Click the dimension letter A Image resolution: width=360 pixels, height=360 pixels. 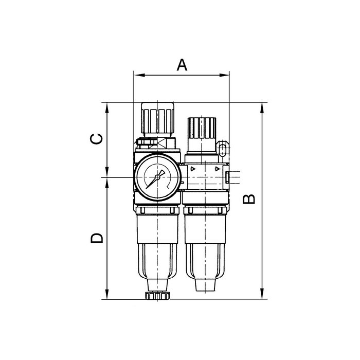point(182,65)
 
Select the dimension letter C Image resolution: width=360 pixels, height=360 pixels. point(96,139)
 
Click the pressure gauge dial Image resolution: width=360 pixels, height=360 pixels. point(157,177)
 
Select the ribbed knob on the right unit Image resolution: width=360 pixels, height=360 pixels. point(202,128)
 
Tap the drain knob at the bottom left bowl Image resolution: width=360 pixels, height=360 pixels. point(157,296)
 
